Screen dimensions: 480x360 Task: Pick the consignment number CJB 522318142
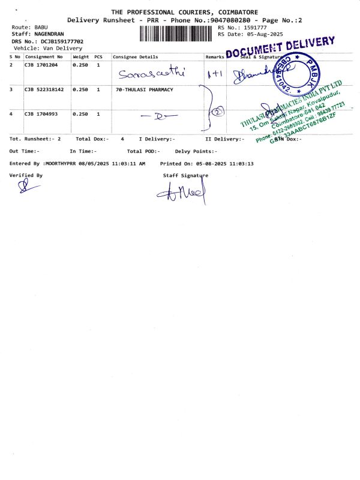point(46,89)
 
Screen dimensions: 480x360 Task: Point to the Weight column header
point(80,56)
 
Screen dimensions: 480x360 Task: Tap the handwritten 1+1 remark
point(214,74)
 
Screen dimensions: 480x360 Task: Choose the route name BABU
point(41,28)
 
